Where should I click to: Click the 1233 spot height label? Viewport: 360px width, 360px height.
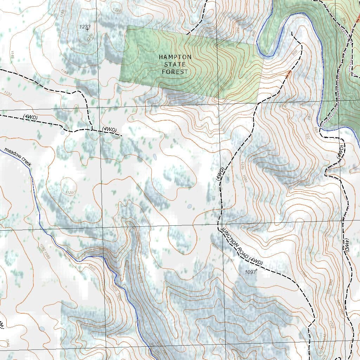coord(85,27)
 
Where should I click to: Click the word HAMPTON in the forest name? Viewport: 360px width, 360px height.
coord(175,57)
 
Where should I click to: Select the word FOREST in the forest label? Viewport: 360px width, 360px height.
coord(175,72)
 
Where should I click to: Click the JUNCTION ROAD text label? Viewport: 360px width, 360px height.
coord(235,243)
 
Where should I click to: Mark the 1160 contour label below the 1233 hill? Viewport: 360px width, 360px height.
coord(64,72)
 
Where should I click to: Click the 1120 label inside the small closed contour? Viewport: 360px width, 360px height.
coord(70,193)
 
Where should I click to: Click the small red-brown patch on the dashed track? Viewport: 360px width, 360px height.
coord(289,73)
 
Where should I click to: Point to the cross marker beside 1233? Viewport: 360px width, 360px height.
coord(87,30)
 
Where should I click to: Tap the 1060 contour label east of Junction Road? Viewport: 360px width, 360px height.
coord(279,239)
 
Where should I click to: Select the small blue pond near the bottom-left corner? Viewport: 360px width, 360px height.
coord(42,329)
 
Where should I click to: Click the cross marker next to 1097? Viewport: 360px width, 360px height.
coord(257,270)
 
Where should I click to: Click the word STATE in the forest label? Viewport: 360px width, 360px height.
coord(175,64)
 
